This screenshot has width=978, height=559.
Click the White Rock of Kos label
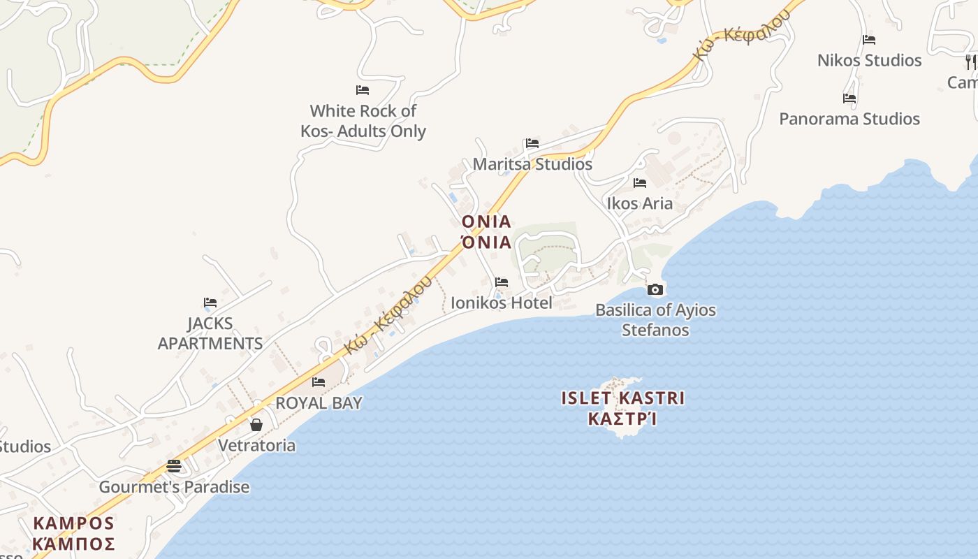(363, 121)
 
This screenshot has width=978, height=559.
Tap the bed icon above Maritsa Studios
(532, 143)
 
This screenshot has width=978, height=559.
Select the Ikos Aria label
(639, 203)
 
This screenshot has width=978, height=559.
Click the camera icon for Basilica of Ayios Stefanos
(655, 289)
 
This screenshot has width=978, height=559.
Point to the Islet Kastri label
(622, 398)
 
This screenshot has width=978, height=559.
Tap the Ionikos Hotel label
(501, 303)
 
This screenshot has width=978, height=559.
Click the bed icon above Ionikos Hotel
(502, 282)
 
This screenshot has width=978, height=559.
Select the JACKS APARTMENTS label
(210, 333)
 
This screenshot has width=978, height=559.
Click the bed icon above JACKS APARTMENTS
(210, 303)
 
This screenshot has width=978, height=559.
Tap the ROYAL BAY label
(319, 402)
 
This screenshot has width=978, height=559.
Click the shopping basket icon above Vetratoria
(256, 425)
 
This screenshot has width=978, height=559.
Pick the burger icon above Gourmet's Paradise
(174, 466)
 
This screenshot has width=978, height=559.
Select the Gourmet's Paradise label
(174, 487)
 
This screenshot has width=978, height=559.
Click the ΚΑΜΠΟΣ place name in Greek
(73, 543)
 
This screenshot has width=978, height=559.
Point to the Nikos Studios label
(869, 60)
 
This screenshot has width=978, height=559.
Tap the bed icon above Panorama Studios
(849, 99)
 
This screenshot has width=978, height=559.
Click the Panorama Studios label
(849, 119)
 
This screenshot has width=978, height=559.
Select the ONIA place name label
(486, 222)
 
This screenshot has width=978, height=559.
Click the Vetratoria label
(256, 445)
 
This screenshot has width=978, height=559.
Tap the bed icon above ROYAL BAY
(319, 382)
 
